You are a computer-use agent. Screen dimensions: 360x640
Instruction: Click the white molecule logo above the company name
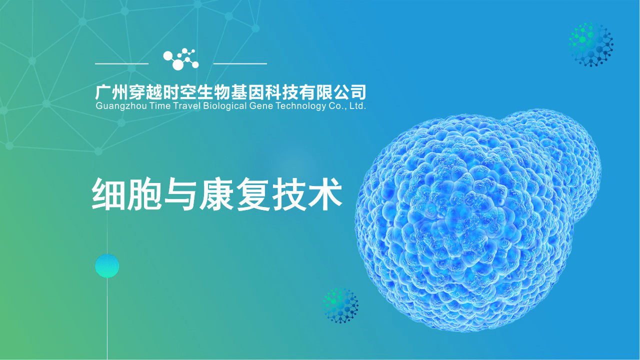tap(181, 59)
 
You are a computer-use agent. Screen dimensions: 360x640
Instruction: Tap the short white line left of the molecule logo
tap(121, 64)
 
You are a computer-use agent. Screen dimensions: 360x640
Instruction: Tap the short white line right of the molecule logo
tap(240, 64)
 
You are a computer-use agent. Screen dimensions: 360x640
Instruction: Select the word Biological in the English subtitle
tap(224, 106)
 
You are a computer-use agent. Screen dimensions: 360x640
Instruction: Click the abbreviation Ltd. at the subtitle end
tap(358, 106)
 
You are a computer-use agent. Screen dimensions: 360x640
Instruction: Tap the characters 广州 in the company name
tap(110, 92)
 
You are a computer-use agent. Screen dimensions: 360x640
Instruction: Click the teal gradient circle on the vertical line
tap(107, 266)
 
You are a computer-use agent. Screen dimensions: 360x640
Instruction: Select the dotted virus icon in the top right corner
tap(591, 44)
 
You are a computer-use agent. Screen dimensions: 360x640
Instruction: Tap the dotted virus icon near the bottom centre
tap(341, 305)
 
